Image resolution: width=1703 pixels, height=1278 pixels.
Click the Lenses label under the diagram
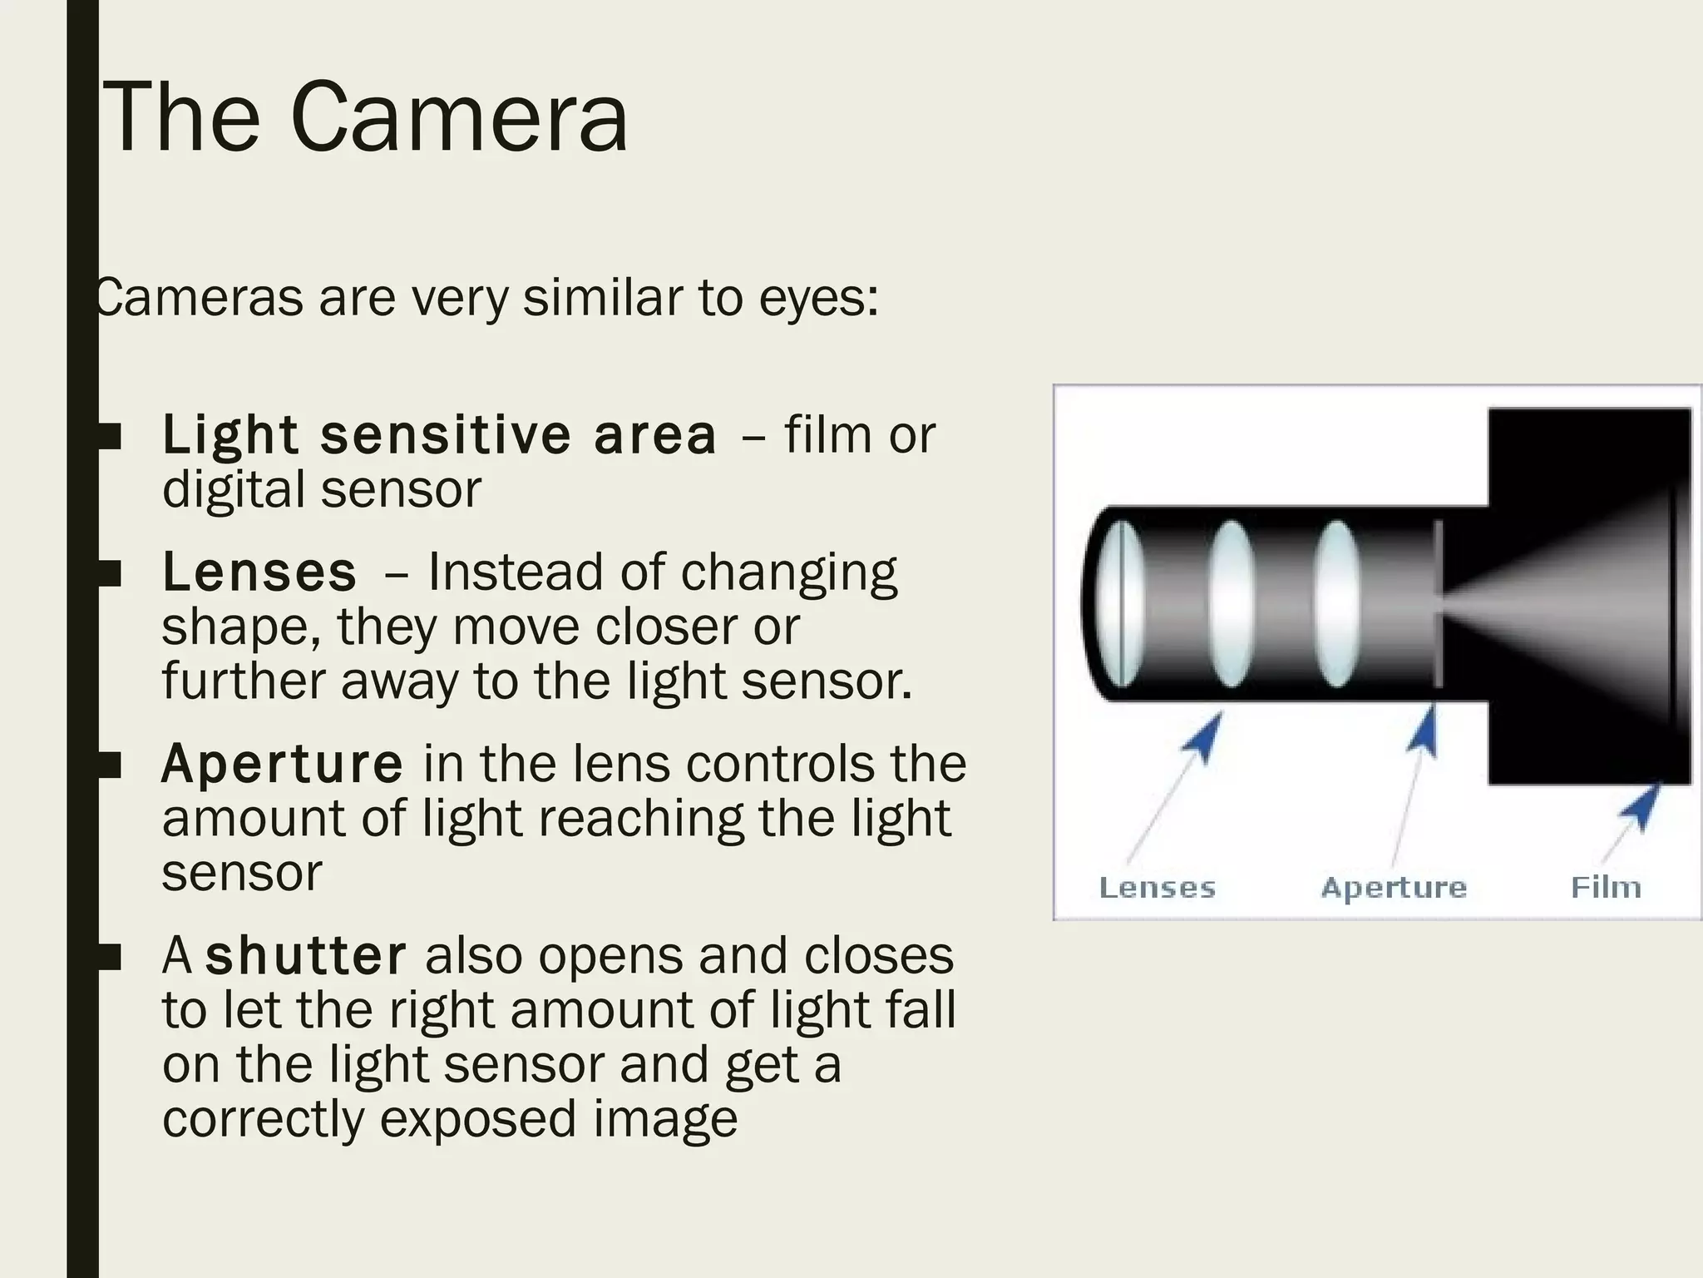coord(1157,887)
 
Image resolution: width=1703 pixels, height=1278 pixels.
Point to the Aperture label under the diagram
coord(1394,887)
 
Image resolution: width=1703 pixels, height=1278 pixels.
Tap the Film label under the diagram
coord(1606,887)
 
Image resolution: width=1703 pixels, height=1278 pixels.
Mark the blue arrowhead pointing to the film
coord(1641,807)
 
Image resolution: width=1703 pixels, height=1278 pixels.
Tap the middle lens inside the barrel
coord(1232,604)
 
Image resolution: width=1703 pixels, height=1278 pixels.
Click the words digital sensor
coord(321,489)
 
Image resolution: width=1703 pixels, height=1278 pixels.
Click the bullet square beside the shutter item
coord(110,957)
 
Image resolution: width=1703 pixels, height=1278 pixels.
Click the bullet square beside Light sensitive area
coord(110,436)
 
